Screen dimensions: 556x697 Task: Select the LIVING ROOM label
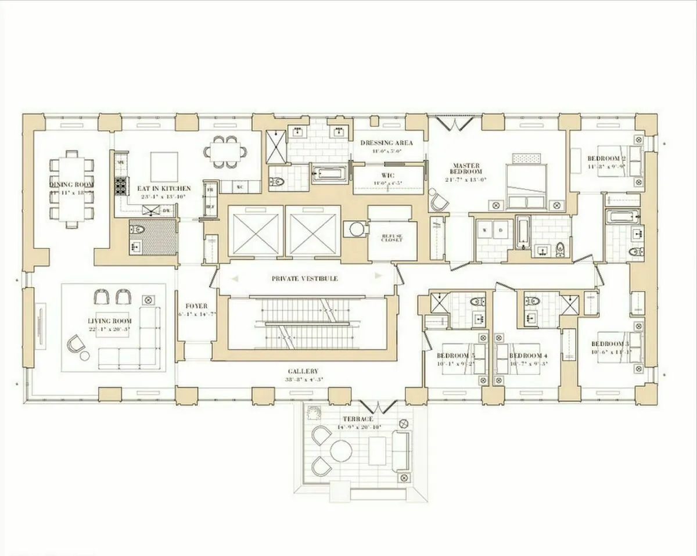110,321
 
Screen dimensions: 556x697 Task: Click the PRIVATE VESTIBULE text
304,279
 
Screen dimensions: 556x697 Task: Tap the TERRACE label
357,419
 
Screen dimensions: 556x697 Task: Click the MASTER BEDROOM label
467,169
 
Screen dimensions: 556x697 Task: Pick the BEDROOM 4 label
528,356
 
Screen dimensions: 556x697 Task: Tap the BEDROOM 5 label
456,356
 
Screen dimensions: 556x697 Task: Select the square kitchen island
165,167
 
